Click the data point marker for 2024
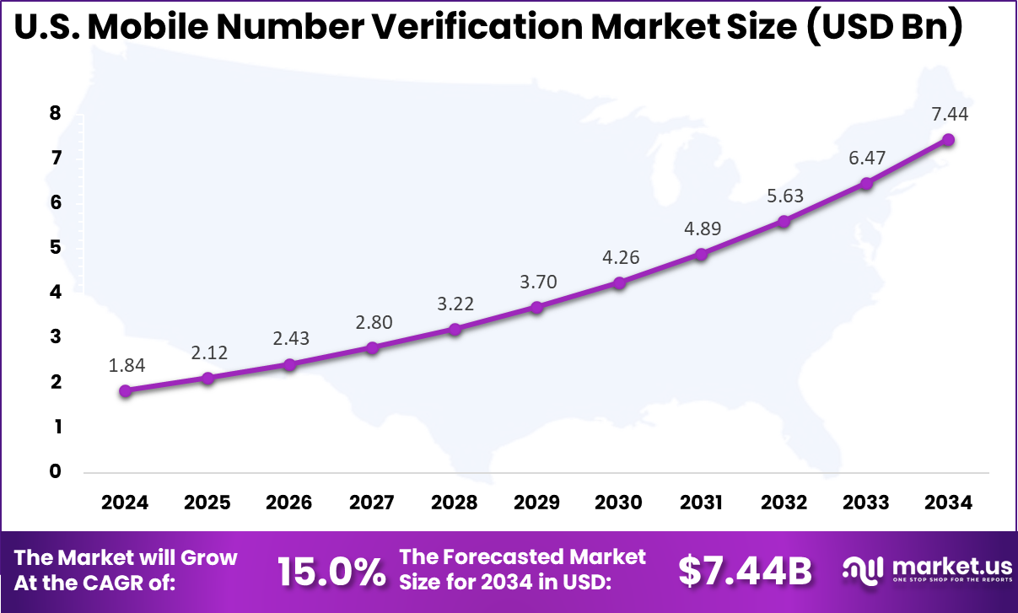[125, 390]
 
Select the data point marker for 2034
[948, 139]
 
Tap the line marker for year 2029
[536, 307]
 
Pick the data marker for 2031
[701, 254]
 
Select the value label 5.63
[784, 196]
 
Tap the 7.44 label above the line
[948, 114]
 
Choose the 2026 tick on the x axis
[289, 503]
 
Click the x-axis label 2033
[866, 503]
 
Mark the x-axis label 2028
[454, 503]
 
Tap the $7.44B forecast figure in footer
[745, 572]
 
